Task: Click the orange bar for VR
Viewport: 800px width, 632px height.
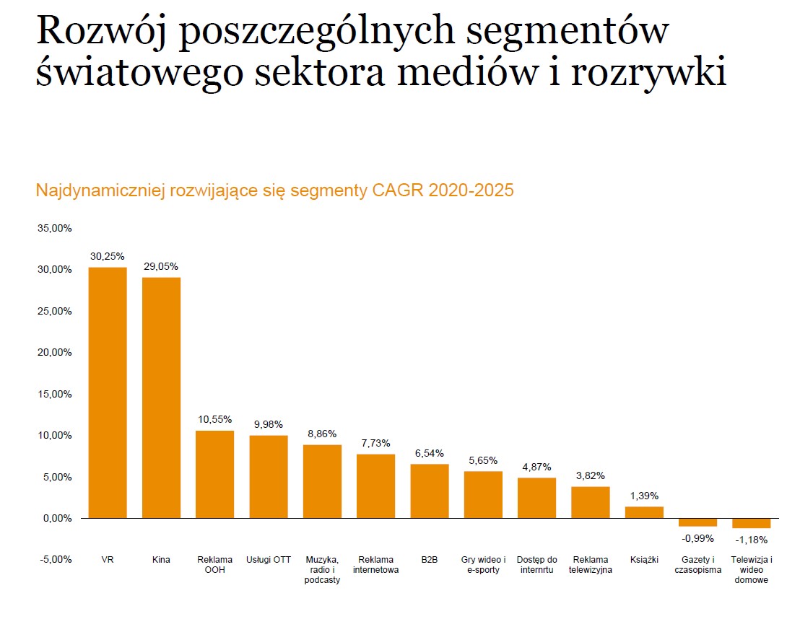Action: click(x=108, y=392)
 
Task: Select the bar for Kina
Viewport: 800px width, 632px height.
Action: click(x=161, y=398)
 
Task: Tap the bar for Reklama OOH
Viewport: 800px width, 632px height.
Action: click(x=214, y=474)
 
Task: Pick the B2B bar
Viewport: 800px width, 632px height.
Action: click(x=430, y=491)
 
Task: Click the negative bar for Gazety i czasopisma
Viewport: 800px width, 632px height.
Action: click(x=697, y=522)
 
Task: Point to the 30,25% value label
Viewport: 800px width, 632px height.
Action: click(x=108, y=256)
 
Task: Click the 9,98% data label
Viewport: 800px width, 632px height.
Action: click(x=269, y=424)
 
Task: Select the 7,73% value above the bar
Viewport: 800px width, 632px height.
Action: click(x=375, y=443)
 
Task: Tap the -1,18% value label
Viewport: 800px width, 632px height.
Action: click(x=751, y=539)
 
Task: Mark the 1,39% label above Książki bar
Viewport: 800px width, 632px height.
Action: click(x=644, y=496)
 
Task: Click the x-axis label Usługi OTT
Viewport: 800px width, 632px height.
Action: click(x=269, y=560)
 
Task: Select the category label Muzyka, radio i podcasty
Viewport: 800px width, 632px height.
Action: click(x=322, y=570)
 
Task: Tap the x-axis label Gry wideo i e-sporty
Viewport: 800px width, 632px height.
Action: click(x=483, y=565)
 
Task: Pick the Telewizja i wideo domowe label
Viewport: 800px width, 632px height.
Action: click(x=751, y=570)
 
